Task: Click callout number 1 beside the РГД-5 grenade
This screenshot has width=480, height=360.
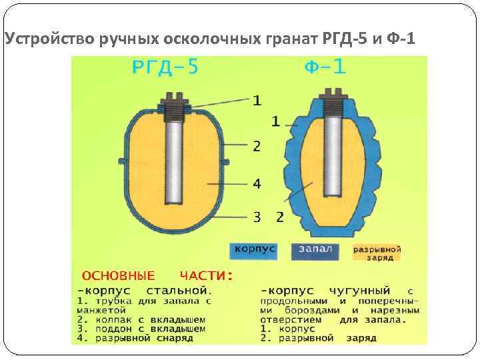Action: click(257, 101)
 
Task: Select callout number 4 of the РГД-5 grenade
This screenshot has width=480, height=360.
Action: click(257, 183)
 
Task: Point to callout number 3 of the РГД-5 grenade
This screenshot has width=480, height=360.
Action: click(257, 216)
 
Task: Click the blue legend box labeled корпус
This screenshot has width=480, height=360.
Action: click(253, 250)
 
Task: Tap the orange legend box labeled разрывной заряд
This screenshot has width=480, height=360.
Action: click(377, 253)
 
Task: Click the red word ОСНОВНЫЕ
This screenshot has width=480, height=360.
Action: click(118, 275)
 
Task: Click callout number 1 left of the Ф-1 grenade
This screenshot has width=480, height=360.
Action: click(275, 121)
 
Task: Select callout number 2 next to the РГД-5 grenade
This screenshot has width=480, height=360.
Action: click(257, 145)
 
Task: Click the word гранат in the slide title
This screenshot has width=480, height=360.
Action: click(287, 41)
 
